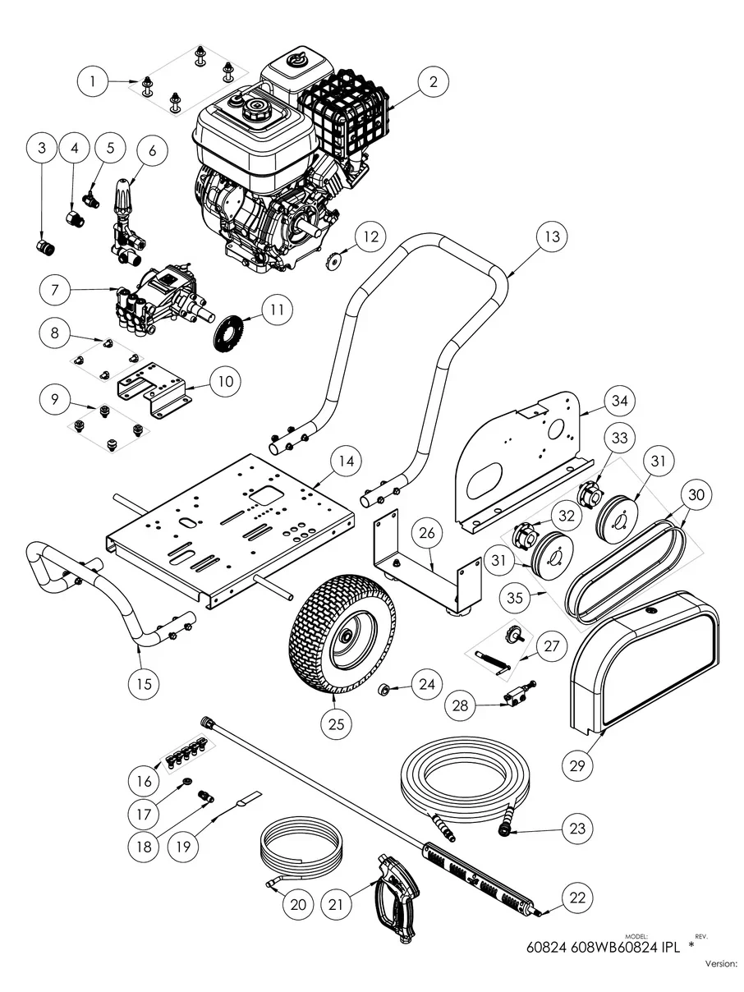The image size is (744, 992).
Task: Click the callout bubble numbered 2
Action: tap(433, 81)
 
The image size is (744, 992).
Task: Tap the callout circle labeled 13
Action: tap(551, 237)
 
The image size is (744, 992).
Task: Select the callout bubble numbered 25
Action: tap(338, 723)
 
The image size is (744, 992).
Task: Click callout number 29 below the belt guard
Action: tap(578, 765)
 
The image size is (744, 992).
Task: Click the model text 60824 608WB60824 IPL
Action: tap(603, 947)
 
